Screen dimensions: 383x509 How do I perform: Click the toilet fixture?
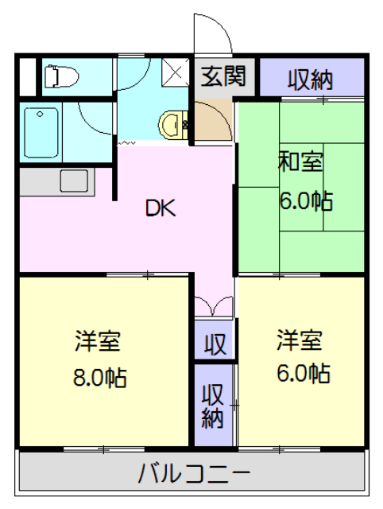pos(61,76)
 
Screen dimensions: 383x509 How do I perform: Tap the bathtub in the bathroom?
pos(41,133)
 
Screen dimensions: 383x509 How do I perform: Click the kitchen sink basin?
pos(74,181)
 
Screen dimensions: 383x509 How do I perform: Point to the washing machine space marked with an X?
pos(175,72)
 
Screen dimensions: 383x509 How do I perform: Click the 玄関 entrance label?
pos(223,76)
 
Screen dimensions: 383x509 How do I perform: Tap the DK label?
pos(161,208)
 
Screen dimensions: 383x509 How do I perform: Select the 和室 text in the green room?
pos(300,161)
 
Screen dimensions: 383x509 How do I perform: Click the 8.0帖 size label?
pos(99,377)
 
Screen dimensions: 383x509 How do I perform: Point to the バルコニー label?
pos(194,474)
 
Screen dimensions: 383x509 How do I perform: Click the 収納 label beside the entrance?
pos(311,80)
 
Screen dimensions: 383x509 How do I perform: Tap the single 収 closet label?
pos(215,344)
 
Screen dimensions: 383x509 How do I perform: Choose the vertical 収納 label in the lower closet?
pos(213,406)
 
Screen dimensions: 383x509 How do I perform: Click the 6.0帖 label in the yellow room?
pos(304,373)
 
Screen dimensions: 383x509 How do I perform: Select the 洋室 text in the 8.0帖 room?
pos(98,341)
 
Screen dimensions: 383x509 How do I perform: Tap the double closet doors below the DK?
pos(214,306)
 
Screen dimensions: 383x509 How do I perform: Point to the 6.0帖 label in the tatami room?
pos(306,201)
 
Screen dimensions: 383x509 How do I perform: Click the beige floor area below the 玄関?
pos(214,120)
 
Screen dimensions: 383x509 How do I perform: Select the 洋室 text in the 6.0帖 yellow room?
pos(300,340)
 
